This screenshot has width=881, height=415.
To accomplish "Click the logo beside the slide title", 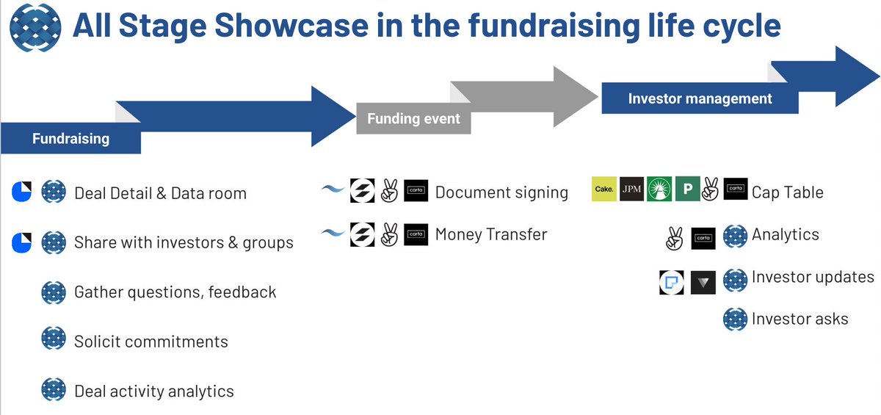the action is [35, 27].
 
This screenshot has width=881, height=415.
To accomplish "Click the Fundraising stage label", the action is [70, 138].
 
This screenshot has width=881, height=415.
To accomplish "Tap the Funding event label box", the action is [413, 118].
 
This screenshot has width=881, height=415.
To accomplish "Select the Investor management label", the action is [700, 98].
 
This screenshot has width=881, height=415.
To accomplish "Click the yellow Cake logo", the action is [604, 190].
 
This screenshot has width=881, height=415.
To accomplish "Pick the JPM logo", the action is [632, 190].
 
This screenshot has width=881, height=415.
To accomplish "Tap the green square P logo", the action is [687, 190].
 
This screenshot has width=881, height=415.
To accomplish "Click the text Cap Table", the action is [787, 192].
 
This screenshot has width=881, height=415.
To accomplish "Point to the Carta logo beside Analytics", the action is [703, 238].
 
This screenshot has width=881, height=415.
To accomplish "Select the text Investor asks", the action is [800, 319].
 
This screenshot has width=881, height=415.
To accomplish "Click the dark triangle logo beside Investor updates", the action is [703, 282].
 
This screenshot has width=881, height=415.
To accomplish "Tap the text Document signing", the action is [501, 192].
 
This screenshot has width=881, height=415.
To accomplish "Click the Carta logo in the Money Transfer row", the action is [416, 234].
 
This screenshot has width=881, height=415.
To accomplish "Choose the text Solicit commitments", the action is [151, 342].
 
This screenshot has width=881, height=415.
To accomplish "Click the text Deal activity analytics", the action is [153, 391].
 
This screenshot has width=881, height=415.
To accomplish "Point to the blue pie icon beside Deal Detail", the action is [21, 192].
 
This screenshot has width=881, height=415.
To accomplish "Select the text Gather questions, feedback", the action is [175, 292].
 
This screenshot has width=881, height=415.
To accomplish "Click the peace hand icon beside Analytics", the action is [673, 238].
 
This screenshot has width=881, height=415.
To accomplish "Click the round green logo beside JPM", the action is [659, 190].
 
